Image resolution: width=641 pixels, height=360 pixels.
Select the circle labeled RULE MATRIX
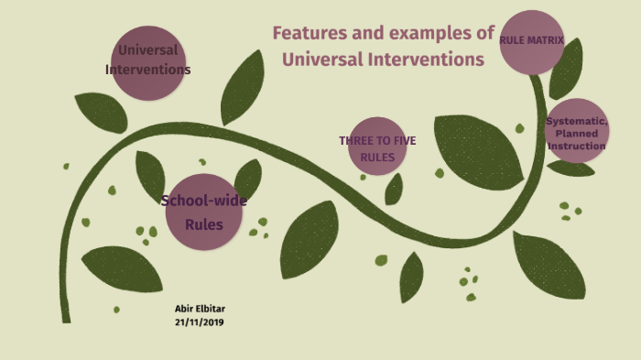click(x=531, y=41)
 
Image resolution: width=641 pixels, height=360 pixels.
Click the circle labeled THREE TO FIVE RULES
click(x=377, y=147)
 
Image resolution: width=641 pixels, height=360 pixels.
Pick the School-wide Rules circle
click(x=204, y=212)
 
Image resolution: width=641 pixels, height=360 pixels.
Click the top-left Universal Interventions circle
click(x=148, y=60)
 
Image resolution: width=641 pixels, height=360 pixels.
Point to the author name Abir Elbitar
click(x=200, y=309)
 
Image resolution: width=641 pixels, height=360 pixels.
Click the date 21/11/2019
click(x=200, y=322)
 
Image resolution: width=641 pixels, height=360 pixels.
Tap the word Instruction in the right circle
click(x=577, y=146)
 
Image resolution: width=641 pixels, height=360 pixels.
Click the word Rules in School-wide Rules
click(x=204, y=224)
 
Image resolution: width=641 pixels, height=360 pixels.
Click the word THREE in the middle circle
click(x=355, y=141)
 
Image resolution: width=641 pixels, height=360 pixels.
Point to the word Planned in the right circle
click(x=577, y=134)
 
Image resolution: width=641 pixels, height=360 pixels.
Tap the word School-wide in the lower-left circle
click(x=204, y=201)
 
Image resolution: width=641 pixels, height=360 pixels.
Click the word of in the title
click(x=484, y=34)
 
